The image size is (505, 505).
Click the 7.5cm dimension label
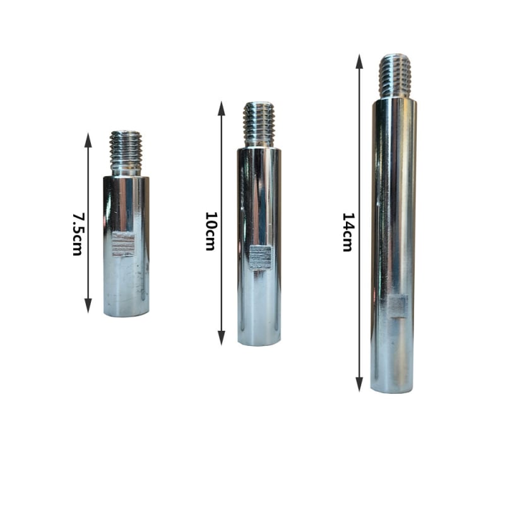78,234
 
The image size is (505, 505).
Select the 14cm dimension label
348,232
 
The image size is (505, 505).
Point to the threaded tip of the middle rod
259,125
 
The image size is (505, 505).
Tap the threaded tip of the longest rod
395,76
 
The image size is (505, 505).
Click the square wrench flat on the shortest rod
123,244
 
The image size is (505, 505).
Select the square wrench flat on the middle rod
261,258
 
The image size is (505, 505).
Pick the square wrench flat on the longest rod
398,306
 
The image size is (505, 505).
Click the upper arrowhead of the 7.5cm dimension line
88,140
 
